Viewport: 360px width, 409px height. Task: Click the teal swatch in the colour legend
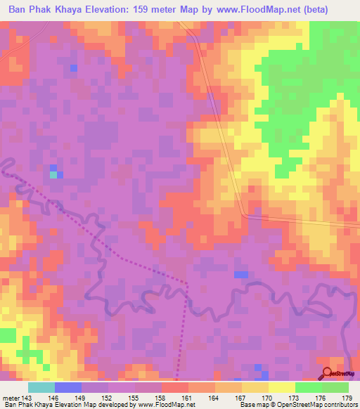click(41, 387)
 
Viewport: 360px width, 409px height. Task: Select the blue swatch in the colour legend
click(67, 387)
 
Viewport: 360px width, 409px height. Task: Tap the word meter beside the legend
click(11, 397)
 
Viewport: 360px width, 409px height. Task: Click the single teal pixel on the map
click(53, 174)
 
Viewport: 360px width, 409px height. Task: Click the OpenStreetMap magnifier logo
click(327, 374)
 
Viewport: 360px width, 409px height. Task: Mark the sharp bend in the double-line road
click(243, 215)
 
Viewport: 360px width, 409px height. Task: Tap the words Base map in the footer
click(252, 405)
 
